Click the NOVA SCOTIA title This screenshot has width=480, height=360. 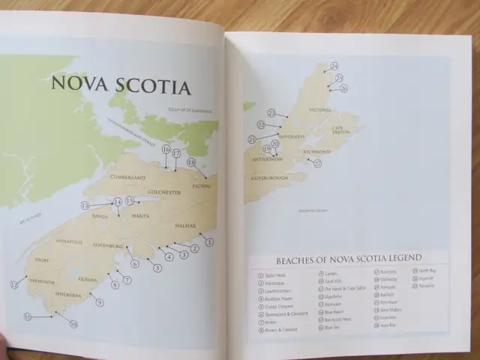point(120,85)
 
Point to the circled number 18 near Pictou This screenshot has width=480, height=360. point(191,162)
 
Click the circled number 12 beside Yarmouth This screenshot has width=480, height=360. point(14,284)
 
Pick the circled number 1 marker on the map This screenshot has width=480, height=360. point(209,241)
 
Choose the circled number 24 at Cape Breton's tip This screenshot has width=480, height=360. point(334,66)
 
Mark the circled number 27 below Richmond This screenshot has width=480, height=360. point(317,163)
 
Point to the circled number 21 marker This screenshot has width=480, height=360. point(252,139)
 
